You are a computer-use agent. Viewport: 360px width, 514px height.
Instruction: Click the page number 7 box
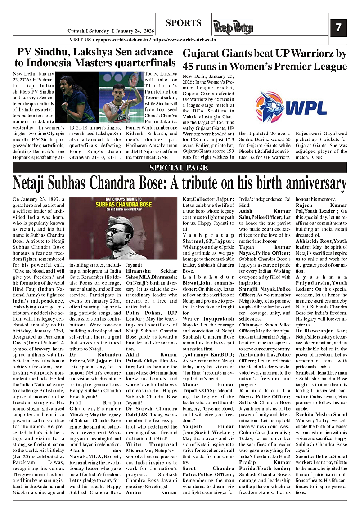point(338,28)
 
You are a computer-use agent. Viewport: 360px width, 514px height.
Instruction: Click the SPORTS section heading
point(183,23)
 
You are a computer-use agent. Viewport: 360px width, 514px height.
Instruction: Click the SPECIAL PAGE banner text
point(179,168)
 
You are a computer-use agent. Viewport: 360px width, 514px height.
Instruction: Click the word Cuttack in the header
point(77,31)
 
